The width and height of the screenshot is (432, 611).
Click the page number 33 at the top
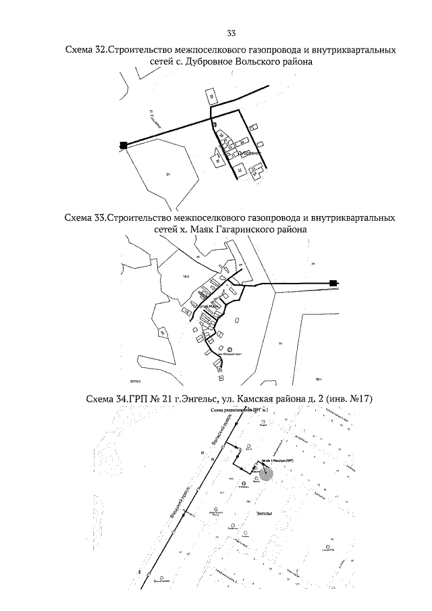click(x=232, y=33)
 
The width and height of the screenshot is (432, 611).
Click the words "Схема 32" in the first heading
click(x=85, y=51)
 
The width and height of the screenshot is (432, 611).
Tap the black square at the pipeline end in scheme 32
click(x=123, y=144)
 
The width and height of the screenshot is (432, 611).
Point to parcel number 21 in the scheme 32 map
click(x=167, y=175)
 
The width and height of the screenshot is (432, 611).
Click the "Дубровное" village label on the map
click(x=250, y=153)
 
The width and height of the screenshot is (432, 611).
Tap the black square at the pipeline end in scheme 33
click(x=333, y=283)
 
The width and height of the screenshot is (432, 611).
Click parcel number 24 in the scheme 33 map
click(x=313, y=264)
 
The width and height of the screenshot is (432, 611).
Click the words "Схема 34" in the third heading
click(x=107, y=400)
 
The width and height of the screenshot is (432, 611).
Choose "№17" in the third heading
click(x=353, y=400)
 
